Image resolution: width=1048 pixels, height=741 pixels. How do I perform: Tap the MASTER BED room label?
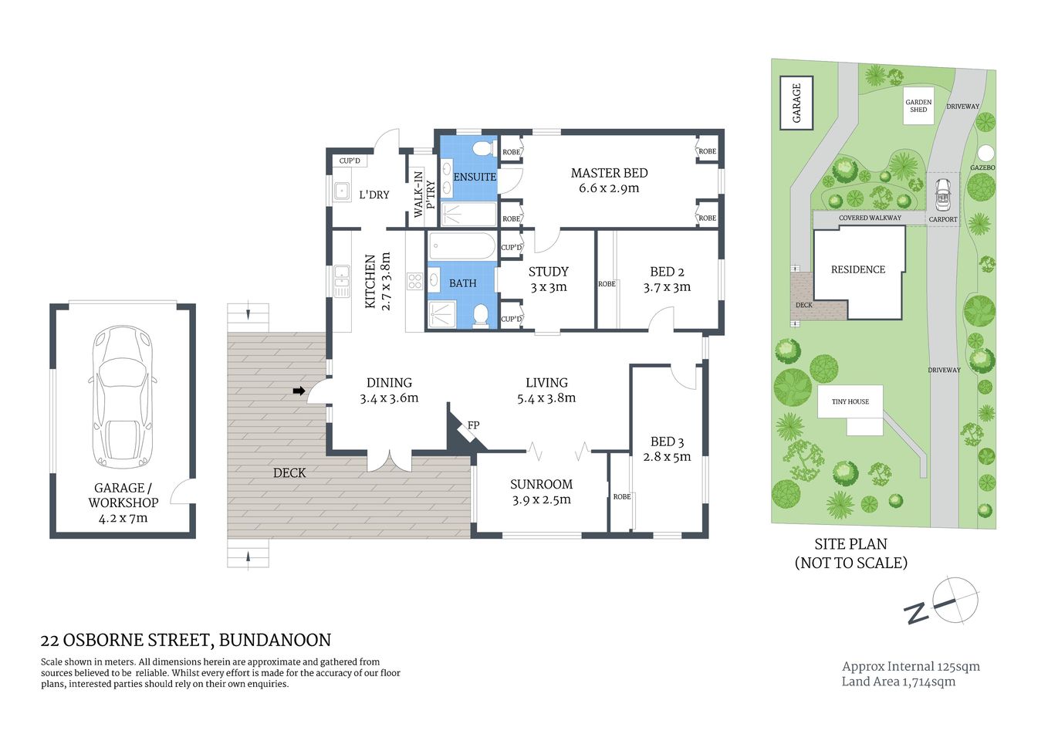(x=609, y=173)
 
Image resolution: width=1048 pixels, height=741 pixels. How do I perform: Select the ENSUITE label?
(x=474, y=177)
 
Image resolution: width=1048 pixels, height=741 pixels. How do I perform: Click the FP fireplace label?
(x=473, y=425)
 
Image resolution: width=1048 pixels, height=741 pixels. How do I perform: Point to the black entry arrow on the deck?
(x=299, y=392)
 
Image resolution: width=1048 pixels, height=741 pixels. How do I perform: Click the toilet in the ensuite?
(x=484, y=147)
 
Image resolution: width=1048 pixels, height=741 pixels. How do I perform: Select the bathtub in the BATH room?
(x=461, y=247)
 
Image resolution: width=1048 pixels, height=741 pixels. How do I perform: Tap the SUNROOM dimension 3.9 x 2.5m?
(x=541, y=500)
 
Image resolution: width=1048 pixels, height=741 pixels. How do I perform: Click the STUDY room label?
(x=548, y=272)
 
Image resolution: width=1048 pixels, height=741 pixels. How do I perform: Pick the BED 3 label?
(x=667, y=442)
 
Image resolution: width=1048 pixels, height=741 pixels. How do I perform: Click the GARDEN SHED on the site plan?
(x=918, y=106)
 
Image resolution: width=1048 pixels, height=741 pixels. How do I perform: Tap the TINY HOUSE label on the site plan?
(x=850, y=401)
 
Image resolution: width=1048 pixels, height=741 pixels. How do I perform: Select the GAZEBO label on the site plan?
(x=982, y=167)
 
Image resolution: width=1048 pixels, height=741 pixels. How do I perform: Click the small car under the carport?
(x=942, y=195)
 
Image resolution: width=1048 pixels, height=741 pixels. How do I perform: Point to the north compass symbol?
(x=955, y=600)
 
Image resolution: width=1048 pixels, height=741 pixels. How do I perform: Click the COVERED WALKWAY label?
(x=870, y=218)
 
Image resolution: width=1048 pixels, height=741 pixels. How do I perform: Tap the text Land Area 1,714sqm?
(x=898, y=682)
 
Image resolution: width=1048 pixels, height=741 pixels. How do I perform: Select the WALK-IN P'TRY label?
(x=424, y=193)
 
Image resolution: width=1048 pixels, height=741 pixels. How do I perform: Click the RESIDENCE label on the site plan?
(x=857, y=269)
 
